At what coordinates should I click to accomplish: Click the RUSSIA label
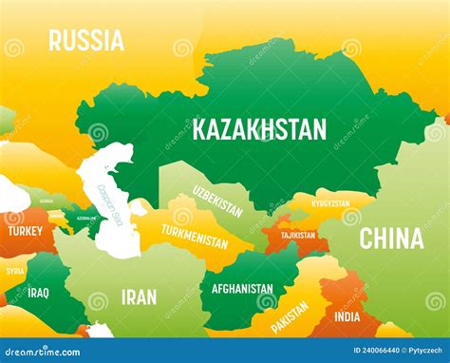86,40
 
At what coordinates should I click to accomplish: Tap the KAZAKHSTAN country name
259,129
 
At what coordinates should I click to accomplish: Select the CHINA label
391,239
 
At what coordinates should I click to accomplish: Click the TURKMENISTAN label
194,235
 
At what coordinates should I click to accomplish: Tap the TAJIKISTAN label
299,235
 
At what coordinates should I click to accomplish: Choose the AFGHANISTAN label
242,289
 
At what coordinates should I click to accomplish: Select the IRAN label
139,297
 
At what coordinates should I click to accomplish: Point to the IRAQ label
39,292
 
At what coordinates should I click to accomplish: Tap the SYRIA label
15,271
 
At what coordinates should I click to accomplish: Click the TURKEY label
25,231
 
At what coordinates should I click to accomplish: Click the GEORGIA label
46,201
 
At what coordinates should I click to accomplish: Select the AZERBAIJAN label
86,218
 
